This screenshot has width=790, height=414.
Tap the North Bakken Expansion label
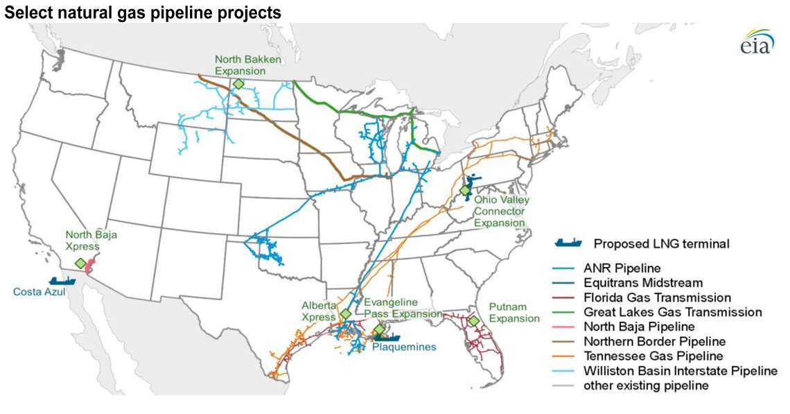point(247,65)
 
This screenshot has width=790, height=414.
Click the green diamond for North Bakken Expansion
point(238,84)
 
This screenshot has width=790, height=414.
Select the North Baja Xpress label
point(91,241)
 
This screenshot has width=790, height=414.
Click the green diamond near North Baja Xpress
point(80,264)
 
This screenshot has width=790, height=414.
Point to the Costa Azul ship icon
point(62,280)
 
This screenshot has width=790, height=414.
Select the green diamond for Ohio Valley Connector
point(465,190)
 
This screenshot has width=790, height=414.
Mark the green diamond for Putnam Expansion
point(473,321)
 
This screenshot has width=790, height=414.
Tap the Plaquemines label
point(404,347)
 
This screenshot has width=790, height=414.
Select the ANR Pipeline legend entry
point(622,267)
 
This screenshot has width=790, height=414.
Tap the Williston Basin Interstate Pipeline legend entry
point(680,371)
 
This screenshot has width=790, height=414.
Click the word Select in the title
point(23,12)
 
